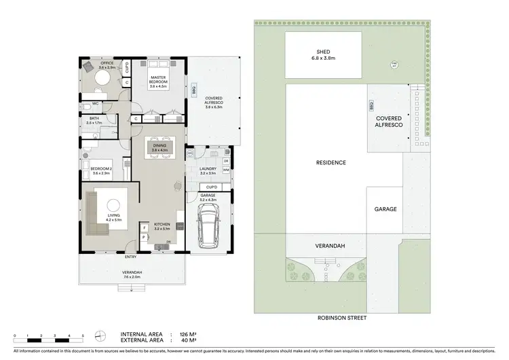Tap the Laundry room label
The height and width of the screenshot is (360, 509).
[207, 170]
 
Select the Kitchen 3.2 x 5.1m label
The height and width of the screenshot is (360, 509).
[164, 226]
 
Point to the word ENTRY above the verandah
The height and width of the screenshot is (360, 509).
[130, 257]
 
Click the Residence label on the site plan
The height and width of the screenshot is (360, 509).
[331, 163]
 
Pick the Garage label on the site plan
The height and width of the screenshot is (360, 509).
[385, 209]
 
